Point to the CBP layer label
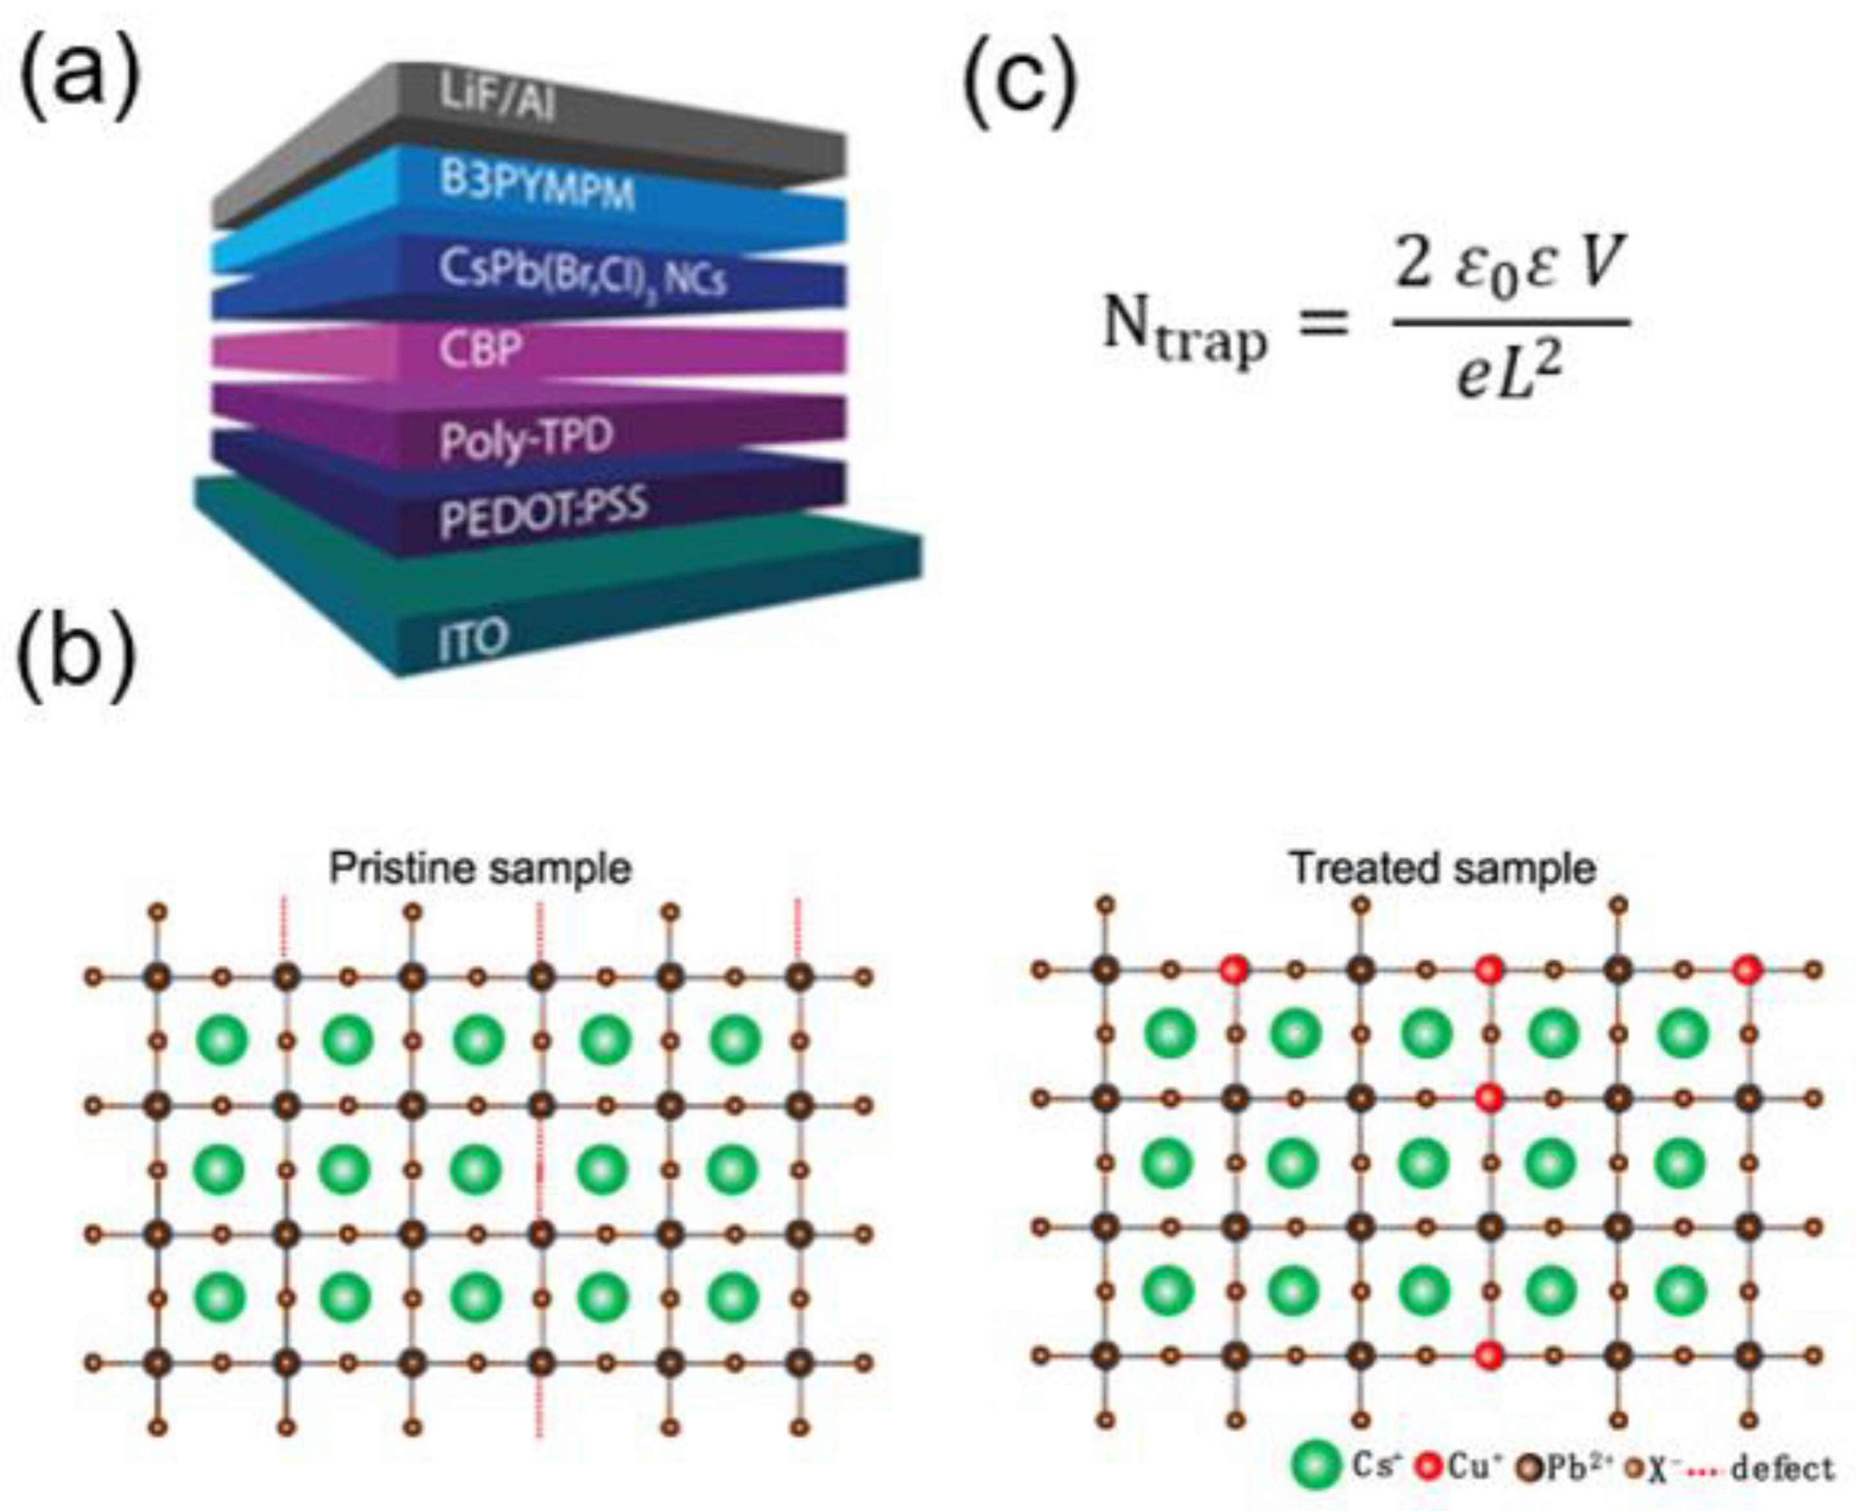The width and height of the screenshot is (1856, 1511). point(481,350)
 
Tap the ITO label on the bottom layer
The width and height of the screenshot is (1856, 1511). point(471,641)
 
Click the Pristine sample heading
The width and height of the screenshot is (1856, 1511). point(480,868)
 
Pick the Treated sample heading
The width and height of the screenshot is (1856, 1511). point(1442,868)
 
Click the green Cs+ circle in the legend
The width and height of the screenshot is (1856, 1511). point(1317,1467)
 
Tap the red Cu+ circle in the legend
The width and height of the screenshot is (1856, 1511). point(1429,1468)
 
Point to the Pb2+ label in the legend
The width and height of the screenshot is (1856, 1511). point(1577,1468)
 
